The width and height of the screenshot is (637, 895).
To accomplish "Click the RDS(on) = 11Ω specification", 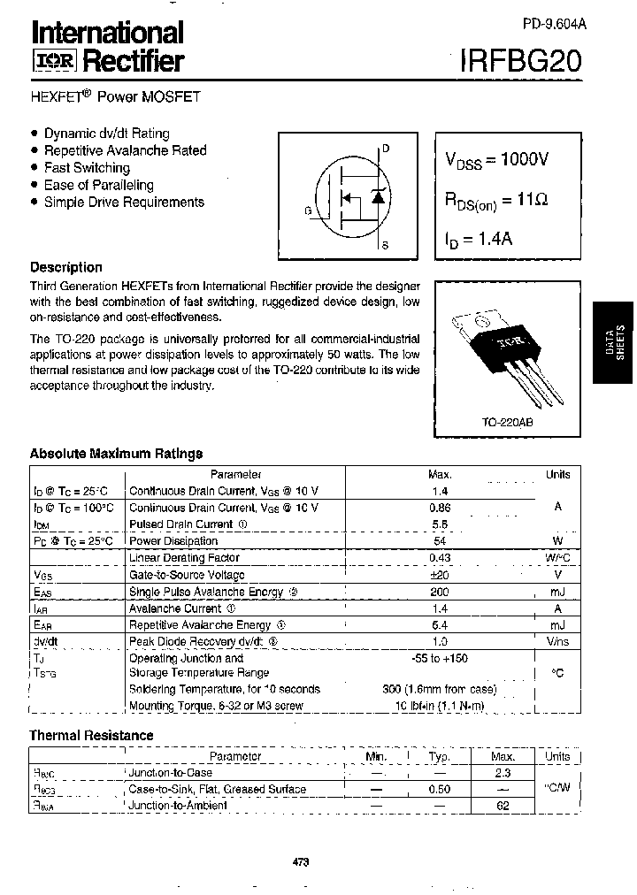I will (x=496, y=201).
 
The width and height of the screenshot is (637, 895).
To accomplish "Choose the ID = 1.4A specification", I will (x=480, y=239).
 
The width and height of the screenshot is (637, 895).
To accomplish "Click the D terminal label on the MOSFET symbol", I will (x=385, y=149).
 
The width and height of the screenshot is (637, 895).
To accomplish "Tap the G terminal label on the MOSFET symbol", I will (x=308, y=210).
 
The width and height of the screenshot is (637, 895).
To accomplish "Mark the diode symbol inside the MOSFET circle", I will (x=379, y=196).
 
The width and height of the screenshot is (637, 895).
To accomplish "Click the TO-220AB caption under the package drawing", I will (x=507, y=423).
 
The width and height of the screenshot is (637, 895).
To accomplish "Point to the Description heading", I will (x=66, y=267).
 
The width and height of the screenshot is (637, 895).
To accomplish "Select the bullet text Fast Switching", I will (x=87, y=168).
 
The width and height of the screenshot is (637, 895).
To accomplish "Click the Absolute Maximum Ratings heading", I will (x=116, y=454).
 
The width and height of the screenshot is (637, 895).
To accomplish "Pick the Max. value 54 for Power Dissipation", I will (x=440, y=540).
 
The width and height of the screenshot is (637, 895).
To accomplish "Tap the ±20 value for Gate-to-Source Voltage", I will (x=440, y=574).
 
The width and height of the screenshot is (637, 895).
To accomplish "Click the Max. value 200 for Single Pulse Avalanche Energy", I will (x=440, y=591).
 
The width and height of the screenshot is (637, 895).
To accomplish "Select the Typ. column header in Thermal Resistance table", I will (x=439, y=756).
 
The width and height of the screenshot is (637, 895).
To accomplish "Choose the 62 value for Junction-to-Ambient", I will (x=503, y=806).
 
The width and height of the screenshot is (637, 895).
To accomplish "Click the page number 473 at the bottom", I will (x=300, y=862).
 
